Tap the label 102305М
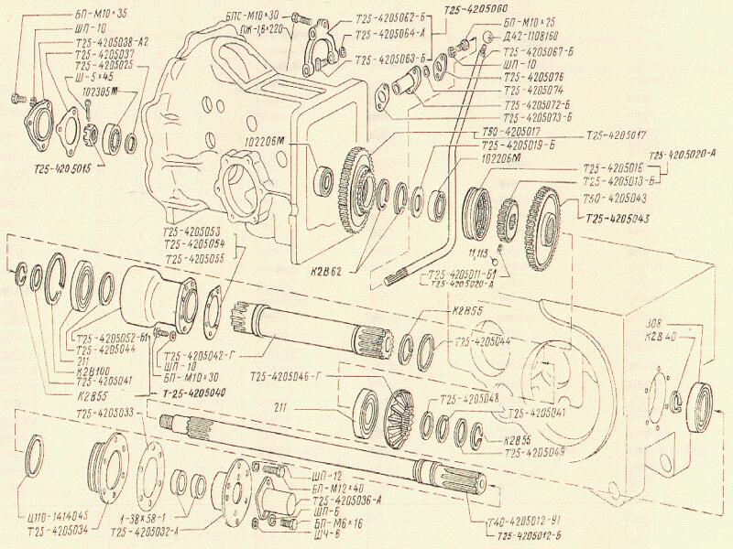pos(104,91)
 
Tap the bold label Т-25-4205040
pos(192,393)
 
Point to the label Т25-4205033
pos(107,413)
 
